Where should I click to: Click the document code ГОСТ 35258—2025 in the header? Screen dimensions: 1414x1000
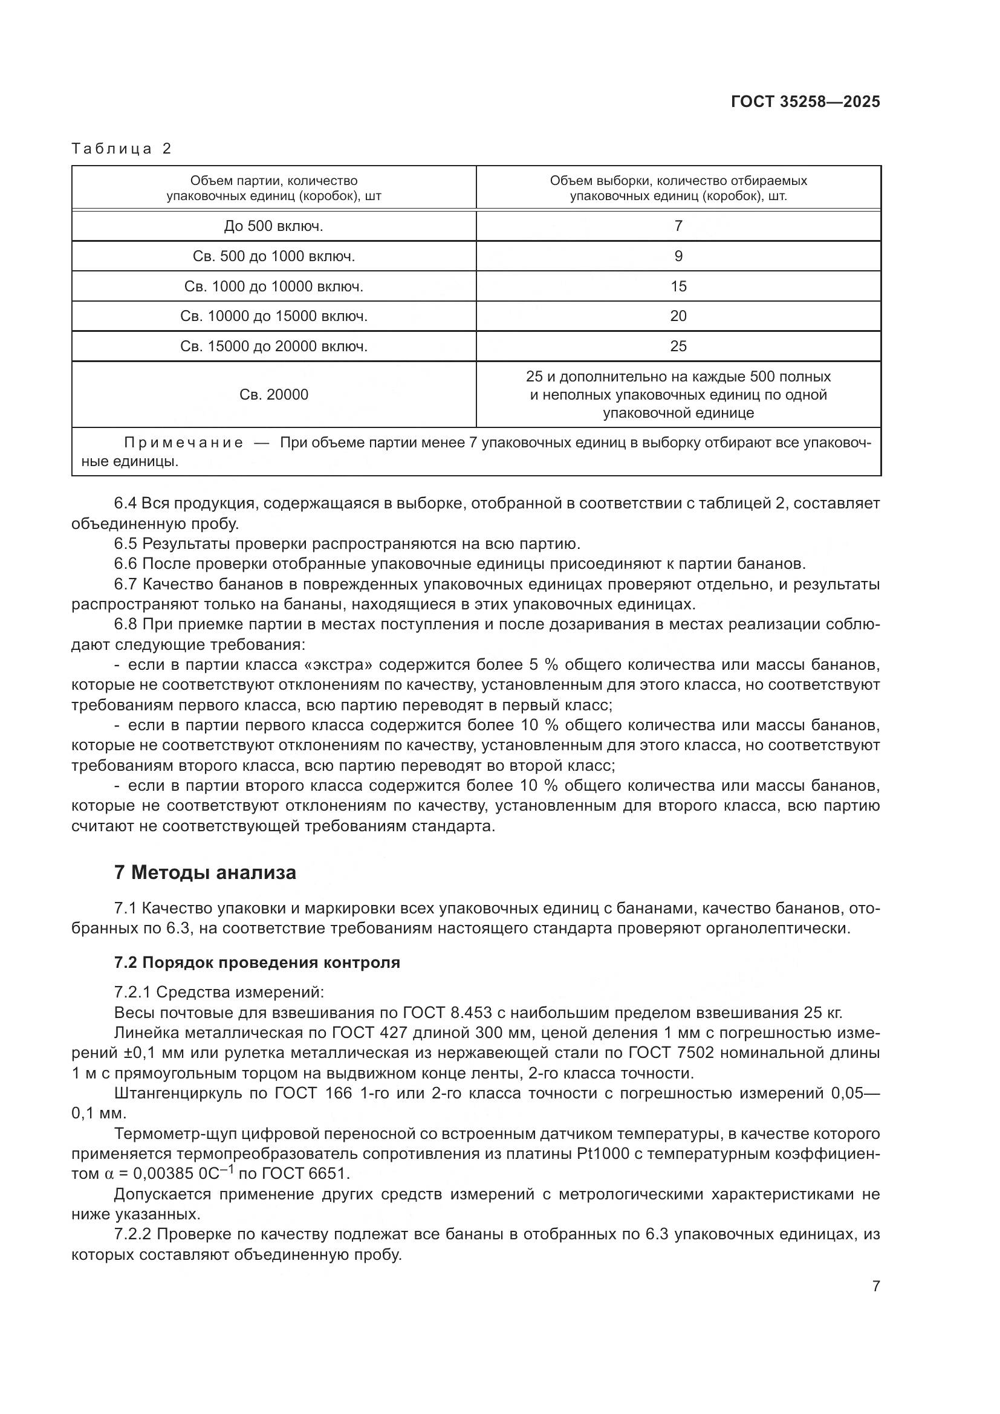click(805, 102)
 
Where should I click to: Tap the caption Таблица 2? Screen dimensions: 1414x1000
click(122, 149)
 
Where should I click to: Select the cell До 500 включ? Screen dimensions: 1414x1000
click(273, 226)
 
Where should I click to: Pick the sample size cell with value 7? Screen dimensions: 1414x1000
click(678, 226)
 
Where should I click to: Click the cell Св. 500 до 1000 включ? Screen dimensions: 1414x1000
click(273, 256)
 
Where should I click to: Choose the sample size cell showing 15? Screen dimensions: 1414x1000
click(678, 287)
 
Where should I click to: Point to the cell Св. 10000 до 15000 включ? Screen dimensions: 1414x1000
click(273, 317)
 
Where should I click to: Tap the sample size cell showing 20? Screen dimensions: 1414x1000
click(678, 317)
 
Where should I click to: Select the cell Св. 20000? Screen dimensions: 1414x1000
click(273, 395)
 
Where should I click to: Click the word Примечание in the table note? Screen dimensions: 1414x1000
click(184, 443)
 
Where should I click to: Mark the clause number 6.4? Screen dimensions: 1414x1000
click(126, 504)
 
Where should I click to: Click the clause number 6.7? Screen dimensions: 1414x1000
click(126, 585)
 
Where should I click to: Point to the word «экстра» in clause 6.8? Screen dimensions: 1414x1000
click(345, 665)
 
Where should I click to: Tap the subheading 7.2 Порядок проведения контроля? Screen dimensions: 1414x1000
click(257, 962)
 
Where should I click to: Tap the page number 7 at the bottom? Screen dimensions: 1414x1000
click(875, 1286)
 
